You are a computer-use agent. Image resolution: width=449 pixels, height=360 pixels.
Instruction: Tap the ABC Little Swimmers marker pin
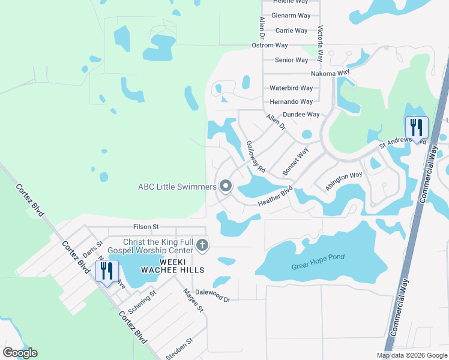click(x=226, y=187)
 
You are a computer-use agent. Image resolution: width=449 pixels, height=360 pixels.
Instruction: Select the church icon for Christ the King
click(x=203, y=245)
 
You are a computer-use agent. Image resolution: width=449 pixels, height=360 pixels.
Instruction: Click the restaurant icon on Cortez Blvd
click(x=107, y=271)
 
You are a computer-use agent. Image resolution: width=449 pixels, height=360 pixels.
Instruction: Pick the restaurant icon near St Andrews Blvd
click(x=415, y=128)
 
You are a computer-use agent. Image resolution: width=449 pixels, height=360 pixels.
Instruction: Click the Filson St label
click(x=146, y=227)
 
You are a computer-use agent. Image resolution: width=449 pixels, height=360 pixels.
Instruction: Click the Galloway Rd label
click(x=256, y=157)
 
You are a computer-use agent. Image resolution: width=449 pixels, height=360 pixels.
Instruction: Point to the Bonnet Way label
click(x=295, y=161)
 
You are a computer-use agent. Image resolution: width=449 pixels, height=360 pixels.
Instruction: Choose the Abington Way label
click(x=344, y=182)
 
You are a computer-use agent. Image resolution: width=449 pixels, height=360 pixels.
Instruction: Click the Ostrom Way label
click(x=270, y=45)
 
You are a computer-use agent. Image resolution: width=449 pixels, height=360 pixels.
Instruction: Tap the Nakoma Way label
click(x=330, y=74)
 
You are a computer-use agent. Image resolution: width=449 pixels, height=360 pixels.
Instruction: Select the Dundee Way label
click(x=301, y=114)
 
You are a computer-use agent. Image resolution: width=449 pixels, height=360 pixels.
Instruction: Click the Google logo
click(x=20, y=353)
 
